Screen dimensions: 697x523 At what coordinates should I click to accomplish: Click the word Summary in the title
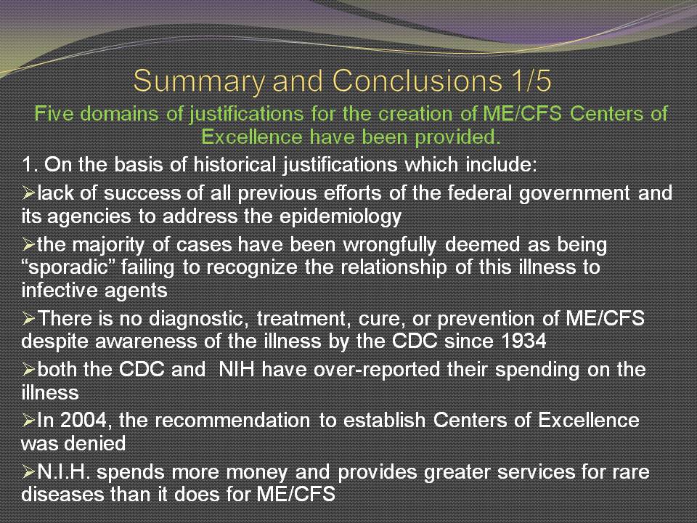200,81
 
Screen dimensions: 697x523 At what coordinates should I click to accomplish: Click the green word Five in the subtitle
53,113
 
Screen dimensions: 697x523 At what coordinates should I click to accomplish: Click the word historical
235,165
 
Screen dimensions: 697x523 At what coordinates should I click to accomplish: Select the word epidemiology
341,217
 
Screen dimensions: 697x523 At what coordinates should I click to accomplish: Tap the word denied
99,443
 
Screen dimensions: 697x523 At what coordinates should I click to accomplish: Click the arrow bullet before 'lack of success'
28,193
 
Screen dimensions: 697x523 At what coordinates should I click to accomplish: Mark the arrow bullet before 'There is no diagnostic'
28,318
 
